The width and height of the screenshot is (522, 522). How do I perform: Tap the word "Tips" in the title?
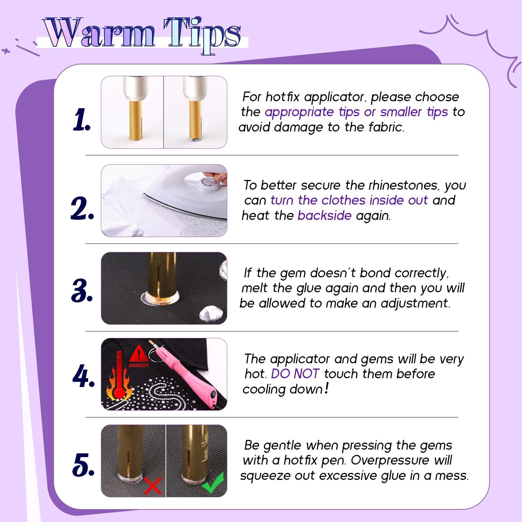coord(202,35)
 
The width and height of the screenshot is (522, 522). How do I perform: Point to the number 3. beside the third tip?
coord(82,290)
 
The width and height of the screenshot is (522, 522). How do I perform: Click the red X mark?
coord(153,485)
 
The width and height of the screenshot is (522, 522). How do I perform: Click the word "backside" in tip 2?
coord(324,215)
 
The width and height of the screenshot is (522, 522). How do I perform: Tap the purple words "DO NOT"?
coord(295,374)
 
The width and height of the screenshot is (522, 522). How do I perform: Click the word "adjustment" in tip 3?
coord(415,303)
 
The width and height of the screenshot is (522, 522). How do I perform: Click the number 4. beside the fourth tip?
coord(84,377)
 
